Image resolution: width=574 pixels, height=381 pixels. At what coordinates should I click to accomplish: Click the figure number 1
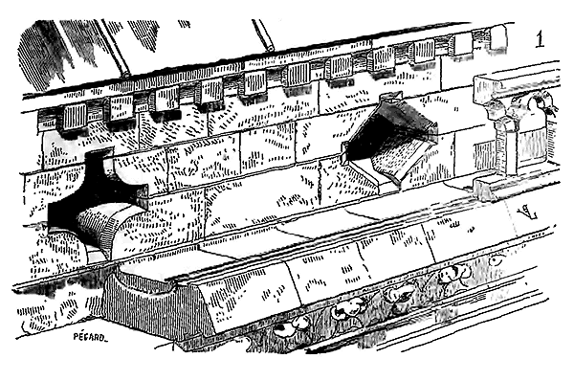click(540, 39)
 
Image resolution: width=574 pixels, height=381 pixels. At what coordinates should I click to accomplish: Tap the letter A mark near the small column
click(527, 213)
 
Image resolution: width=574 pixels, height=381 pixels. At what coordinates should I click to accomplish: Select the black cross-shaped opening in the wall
click(97, 198)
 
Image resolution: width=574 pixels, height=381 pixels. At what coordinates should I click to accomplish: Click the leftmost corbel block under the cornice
click(75, 117)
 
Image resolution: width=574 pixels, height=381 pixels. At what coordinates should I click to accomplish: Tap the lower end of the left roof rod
click(125, 75)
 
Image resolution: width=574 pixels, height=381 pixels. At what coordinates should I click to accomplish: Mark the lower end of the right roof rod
click(270, 47)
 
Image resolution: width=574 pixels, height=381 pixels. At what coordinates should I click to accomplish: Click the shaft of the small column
click(508, 150)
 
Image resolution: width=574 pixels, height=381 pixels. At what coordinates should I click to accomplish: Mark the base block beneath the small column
click(487, 189)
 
